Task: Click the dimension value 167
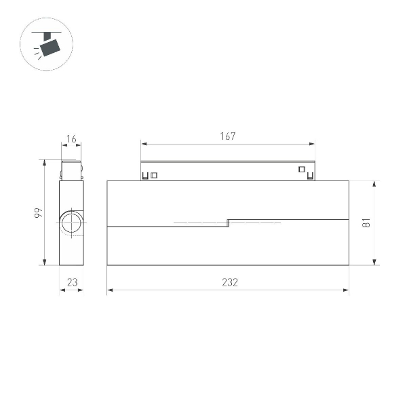click(x=227, y=136)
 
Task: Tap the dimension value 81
click(x=366, y=222)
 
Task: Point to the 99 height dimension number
click(x=39, y=213)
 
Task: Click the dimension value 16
click(x=71, y=140)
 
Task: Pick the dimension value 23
click(x=71, y=283)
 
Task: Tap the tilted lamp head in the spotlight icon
click(x=50, y=46)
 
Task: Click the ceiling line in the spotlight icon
click(x=47, y=30)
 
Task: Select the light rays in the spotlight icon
click(x=37, y=54)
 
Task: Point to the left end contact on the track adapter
click(x=145, y=176)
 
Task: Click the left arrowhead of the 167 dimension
click(x=143, y=144)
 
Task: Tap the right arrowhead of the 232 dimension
click(x=346, y=290)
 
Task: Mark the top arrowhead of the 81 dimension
click(x=374, y=183)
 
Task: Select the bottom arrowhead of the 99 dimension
click(x=45, y=263)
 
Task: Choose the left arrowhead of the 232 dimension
click(x=110, y=290)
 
